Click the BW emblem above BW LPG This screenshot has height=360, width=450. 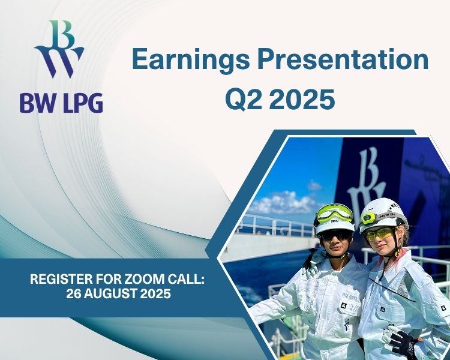59,49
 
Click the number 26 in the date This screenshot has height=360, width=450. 73,293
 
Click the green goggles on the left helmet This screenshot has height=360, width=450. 334,213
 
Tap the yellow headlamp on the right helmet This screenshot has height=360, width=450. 369,219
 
